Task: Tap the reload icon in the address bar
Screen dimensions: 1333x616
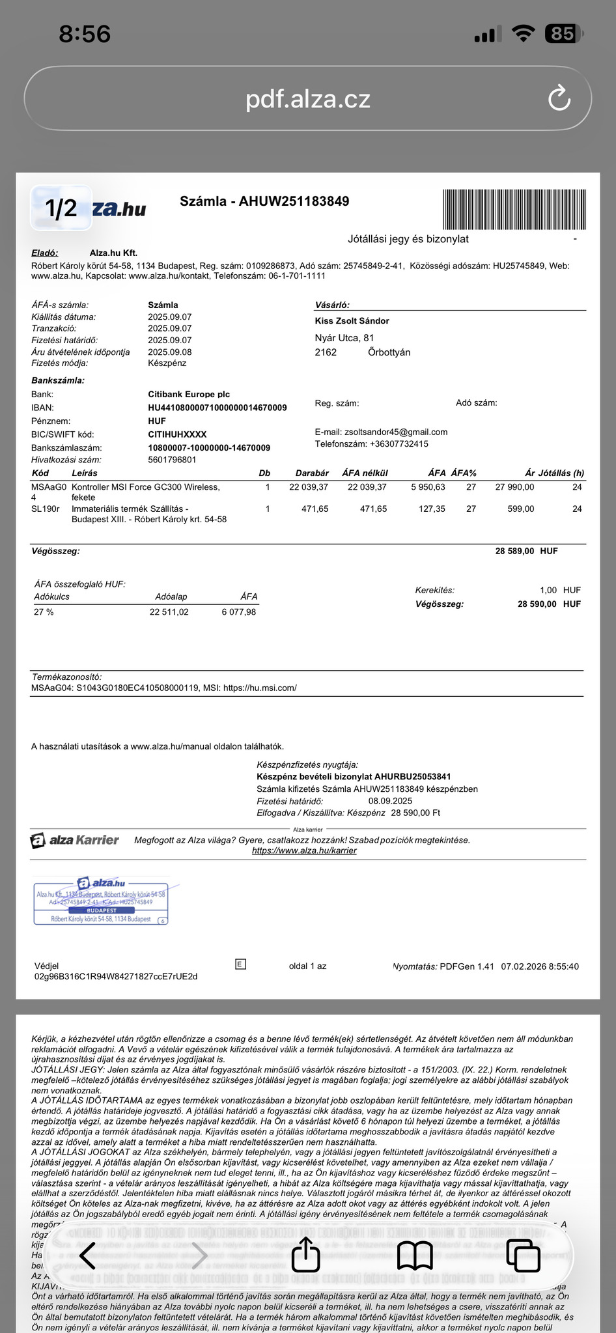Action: coord(559,99)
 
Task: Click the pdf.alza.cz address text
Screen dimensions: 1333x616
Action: coord(307,99)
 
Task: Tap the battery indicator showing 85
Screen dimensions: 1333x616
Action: coord(563,33)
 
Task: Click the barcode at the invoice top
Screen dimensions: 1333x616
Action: coord(514,209)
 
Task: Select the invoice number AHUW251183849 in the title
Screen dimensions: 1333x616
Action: coord(294,201)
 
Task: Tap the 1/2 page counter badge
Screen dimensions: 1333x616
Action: coord(61,208)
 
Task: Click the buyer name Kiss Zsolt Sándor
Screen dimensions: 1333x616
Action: coord(352,321)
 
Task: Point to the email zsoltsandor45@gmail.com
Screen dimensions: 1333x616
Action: coord(396,432)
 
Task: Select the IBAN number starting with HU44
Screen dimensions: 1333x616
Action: coord(217,408)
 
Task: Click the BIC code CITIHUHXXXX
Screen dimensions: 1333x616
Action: coord(177,434)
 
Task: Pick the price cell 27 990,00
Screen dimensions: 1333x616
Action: coord(514,487)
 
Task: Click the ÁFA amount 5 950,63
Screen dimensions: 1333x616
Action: coord(428,487)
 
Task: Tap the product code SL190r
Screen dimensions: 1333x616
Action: coord(45,509)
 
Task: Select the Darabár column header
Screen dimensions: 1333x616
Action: coord(312,473)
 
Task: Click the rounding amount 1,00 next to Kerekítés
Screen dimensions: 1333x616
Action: coord(548,590)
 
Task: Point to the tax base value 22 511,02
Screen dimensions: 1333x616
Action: coord(169,612)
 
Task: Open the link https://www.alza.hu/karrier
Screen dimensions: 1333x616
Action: coord(304,850)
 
